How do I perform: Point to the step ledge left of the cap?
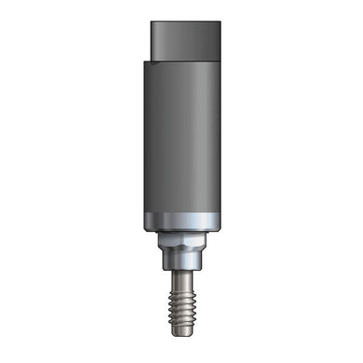pos(146,60)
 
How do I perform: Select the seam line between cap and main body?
pos(186,59)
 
